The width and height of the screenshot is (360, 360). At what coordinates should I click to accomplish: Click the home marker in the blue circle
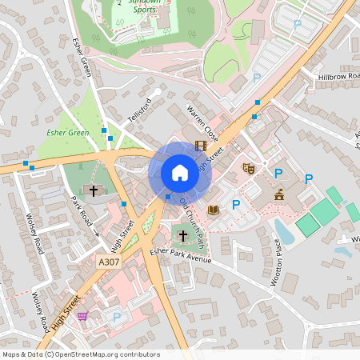tap(180, 173)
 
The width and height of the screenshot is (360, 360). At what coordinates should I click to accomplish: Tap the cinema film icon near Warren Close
tap(200, 146)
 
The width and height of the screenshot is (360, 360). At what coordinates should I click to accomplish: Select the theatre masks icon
tap(249, 169)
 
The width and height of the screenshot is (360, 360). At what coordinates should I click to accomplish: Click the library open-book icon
tap(213, 210)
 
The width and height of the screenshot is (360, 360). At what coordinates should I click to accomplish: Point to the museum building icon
tap(278, 194)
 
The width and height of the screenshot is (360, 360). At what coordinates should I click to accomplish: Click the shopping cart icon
tap(82, 316)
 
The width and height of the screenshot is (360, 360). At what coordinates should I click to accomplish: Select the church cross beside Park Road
tap(94, 190)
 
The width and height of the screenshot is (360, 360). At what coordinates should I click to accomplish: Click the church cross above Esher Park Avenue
tap(182, 236)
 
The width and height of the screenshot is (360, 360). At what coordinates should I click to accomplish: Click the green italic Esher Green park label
tap(67, 133)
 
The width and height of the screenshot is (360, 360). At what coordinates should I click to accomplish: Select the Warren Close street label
tap(202, 119)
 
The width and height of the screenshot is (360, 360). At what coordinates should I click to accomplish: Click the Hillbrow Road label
tap(339, 76)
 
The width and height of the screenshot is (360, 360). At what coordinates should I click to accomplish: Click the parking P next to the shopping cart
tap(117, 318)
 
